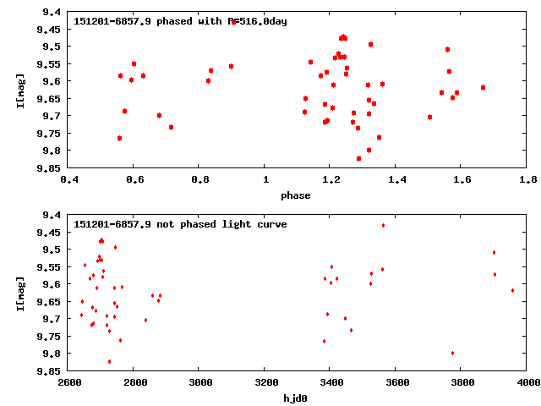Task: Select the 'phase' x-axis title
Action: point(295,196)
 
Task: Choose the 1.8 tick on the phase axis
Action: point(528,179)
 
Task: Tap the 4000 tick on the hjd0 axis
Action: point(528,382)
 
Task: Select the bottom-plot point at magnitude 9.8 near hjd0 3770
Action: point(453,353)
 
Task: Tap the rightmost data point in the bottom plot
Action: point(512,290)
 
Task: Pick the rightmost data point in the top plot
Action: point(483,87)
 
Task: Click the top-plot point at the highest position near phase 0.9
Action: point(233,22)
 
